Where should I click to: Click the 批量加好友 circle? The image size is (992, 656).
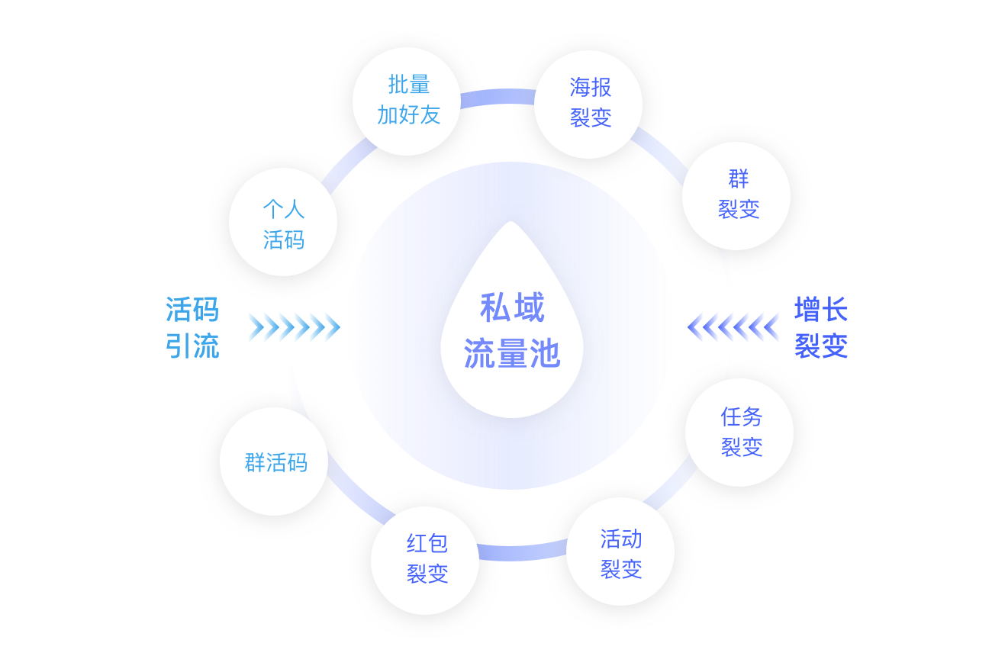[407, 101]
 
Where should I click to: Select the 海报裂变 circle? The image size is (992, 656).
[588, 104]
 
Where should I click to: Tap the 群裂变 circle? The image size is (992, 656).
[736, 195]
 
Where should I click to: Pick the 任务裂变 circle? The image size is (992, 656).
[739, 432]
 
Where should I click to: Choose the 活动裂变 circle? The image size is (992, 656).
[620, 551]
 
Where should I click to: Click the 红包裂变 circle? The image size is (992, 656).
[425, 560]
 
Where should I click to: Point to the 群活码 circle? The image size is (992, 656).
[274, 461]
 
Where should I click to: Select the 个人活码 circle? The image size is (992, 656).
[283, 222]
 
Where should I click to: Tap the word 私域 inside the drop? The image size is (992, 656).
[512, 308]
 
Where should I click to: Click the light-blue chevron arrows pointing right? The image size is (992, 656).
[293, 327]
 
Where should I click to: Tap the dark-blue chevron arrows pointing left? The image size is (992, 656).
[733, 327]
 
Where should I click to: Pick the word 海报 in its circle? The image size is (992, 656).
[590, 88]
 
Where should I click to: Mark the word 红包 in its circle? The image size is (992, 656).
[427, 544]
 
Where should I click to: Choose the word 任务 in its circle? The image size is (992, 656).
[741, 416]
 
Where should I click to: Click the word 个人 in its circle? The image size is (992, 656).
[283, 208]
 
